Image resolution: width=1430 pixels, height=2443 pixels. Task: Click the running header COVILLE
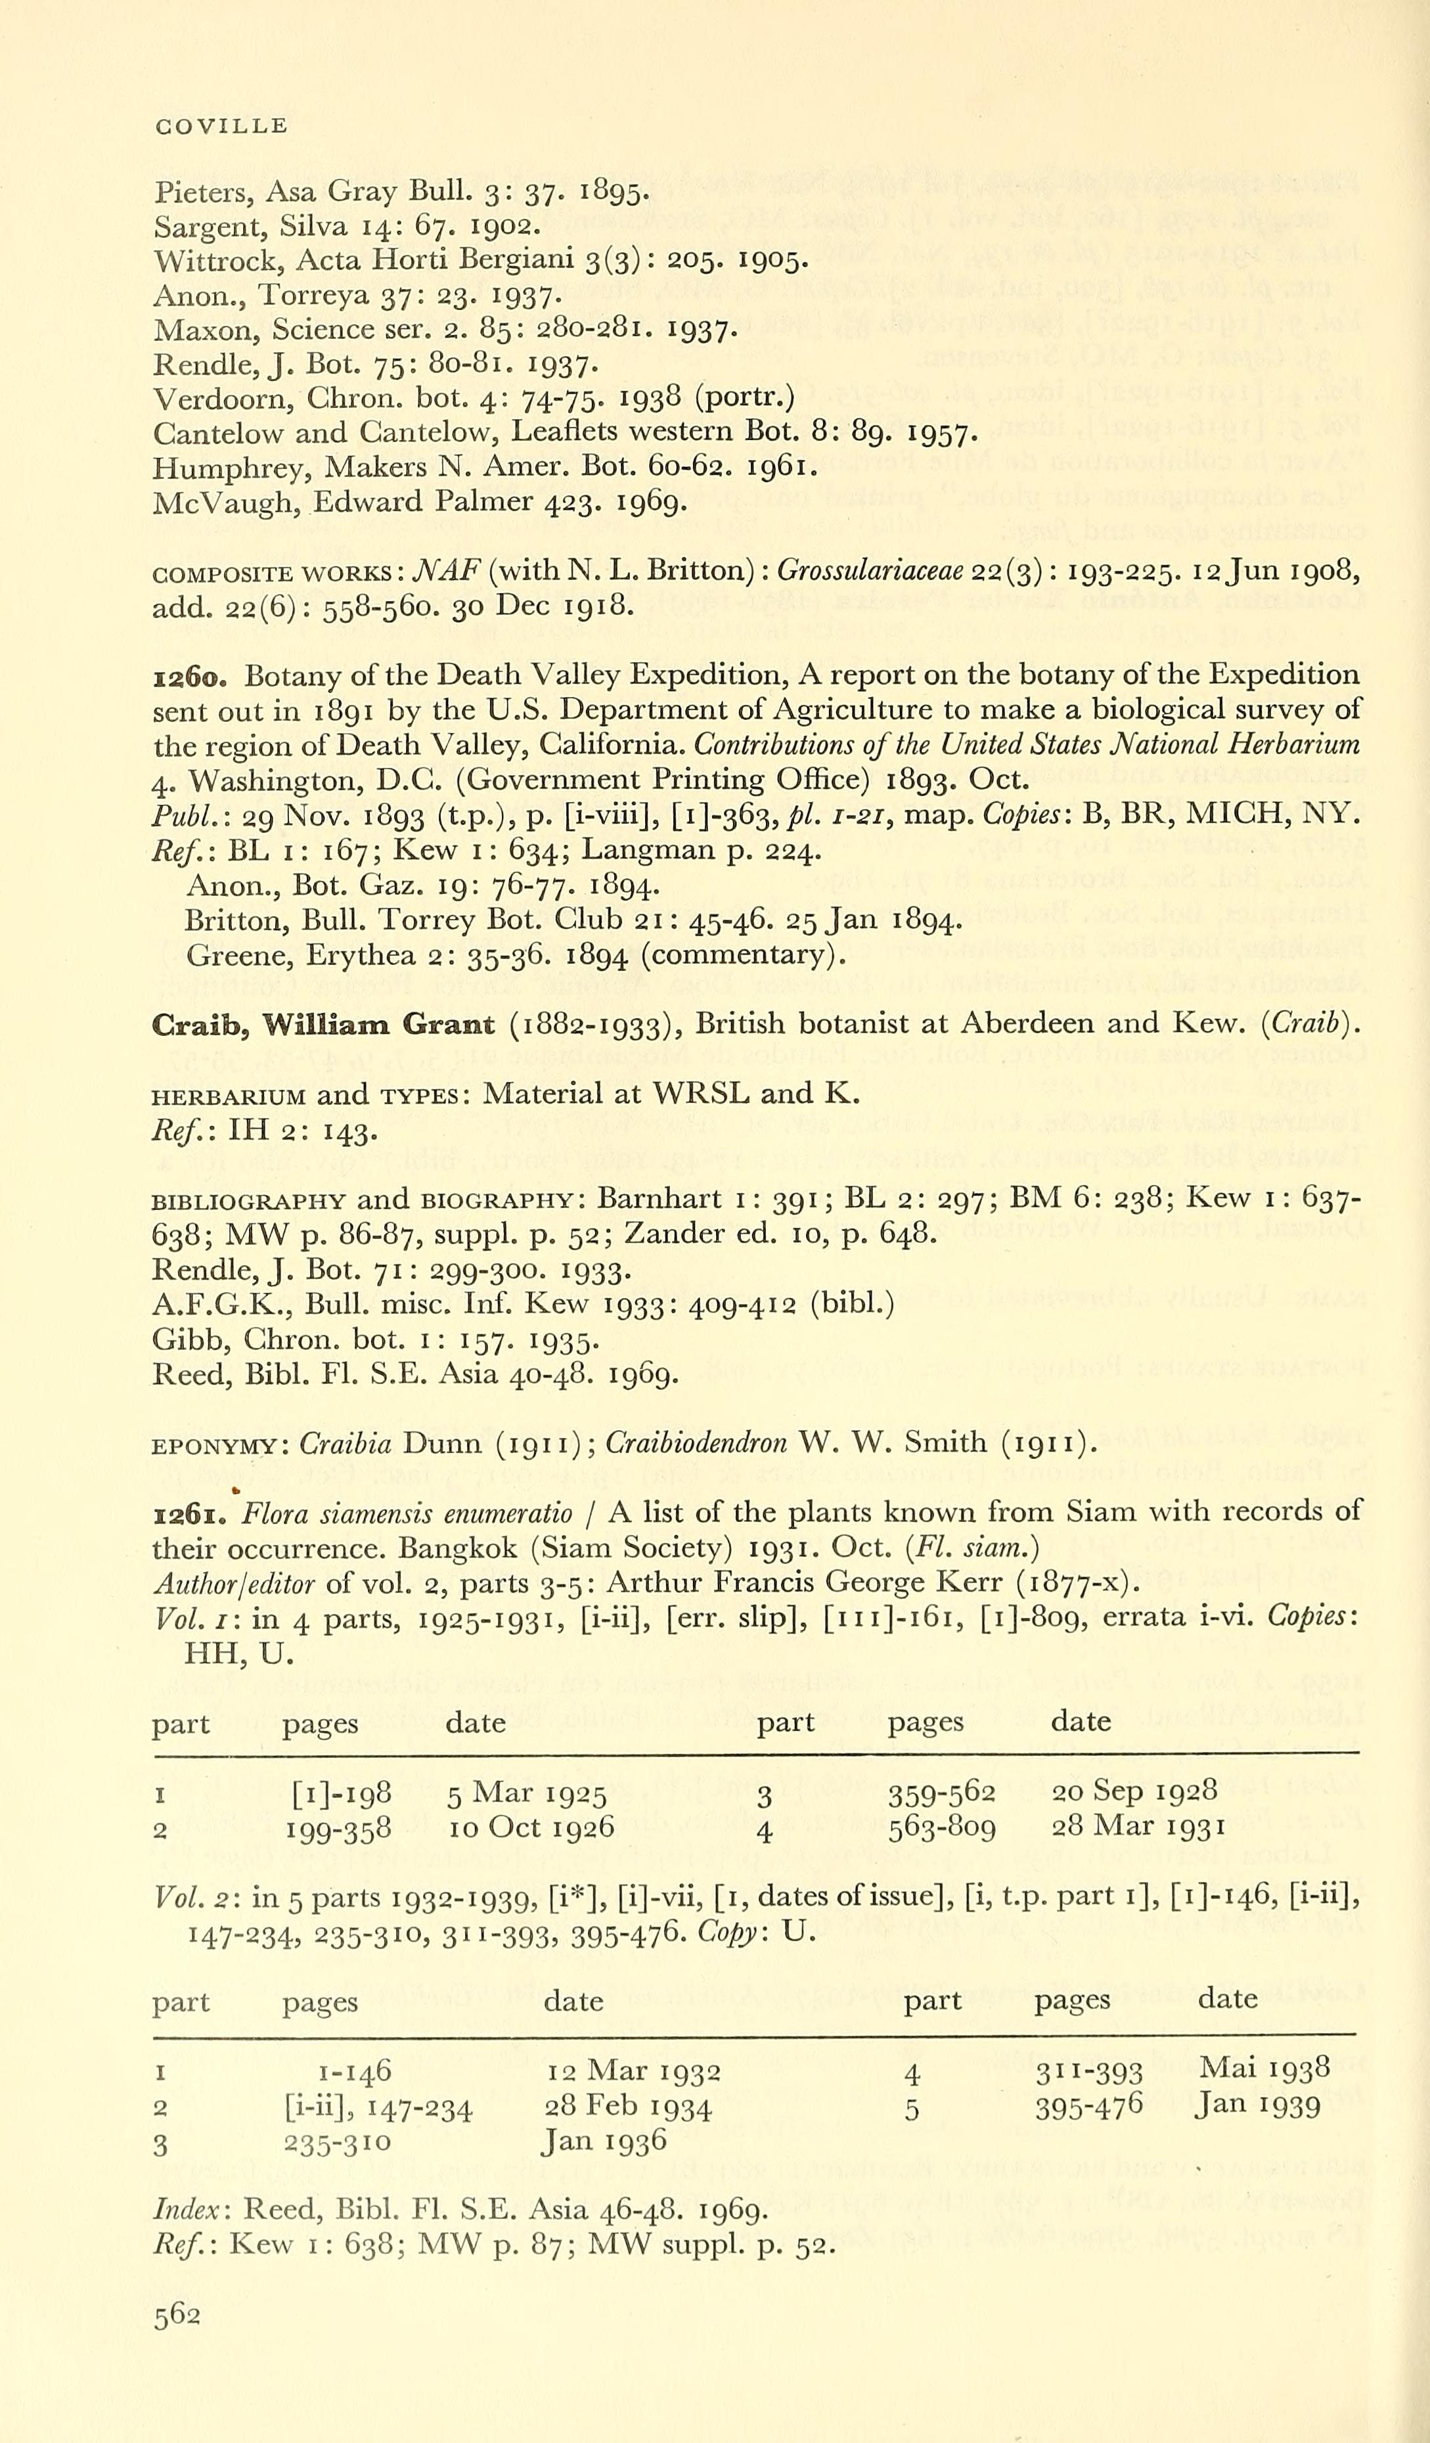221,126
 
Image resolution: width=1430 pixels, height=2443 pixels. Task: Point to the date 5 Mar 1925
525,1793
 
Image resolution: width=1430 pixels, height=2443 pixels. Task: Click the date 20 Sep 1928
1133,1791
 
